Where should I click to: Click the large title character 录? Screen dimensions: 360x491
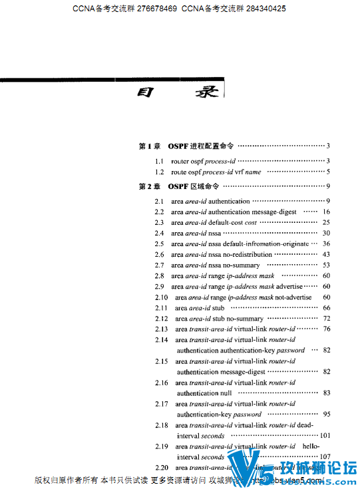204,92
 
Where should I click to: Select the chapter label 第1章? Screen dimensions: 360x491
149,146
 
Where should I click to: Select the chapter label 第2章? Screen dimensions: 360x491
149,187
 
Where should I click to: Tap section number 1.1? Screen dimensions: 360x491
160,162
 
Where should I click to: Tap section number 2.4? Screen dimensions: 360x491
160,234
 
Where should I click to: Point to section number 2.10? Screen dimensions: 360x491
161,297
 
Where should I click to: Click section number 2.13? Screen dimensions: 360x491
161,329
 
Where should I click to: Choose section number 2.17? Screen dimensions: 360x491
161,404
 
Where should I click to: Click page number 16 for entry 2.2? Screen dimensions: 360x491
326,212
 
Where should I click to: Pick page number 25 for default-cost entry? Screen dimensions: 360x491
326,223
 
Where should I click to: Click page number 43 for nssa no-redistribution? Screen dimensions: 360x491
326,255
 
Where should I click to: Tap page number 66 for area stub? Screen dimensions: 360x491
326,308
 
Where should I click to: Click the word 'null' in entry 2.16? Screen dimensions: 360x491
226,393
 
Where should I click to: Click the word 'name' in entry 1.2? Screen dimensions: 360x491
253,172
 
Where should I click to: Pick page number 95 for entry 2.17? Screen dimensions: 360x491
326,414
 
